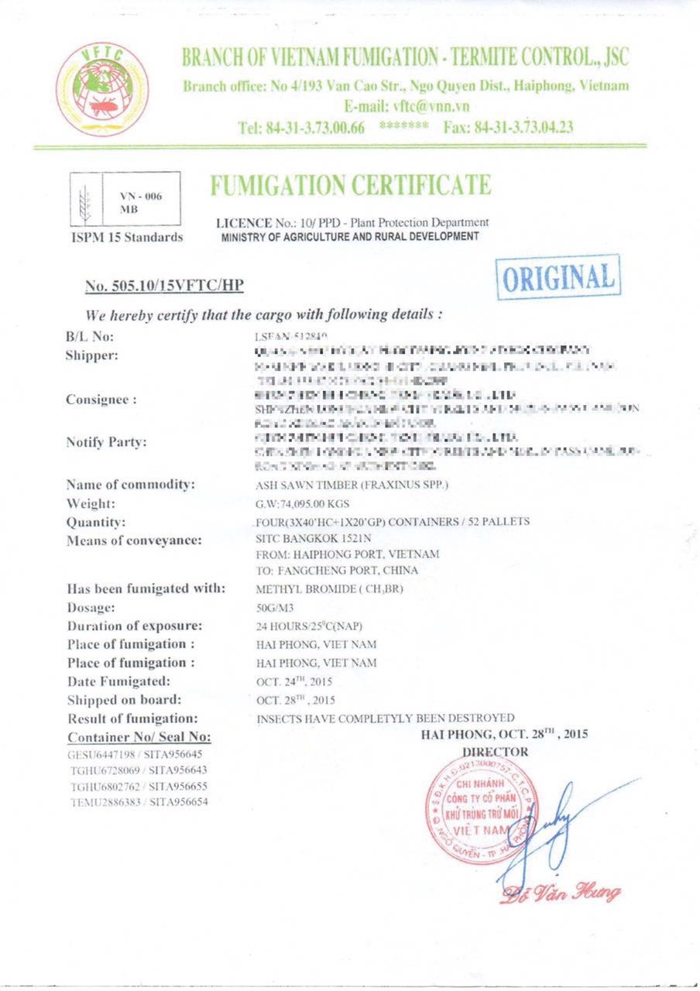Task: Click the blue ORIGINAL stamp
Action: [558, 277]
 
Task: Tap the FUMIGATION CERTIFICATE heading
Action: [350, 186]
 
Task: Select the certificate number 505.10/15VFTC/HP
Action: [164, 286]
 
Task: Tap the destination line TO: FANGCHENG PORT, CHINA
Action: [336, 571]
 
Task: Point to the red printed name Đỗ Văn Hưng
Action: [561, 895]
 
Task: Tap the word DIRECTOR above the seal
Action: [495, 751]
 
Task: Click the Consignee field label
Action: [103, 399]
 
